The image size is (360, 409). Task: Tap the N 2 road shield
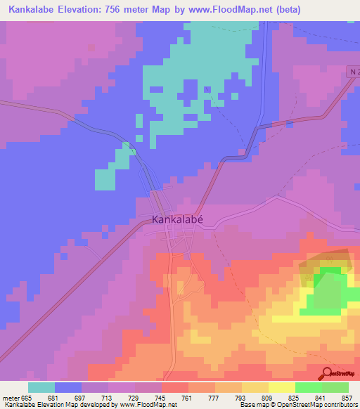point(354,72)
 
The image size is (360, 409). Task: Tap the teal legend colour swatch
point(41,387)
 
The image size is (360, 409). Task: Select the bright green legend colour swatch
point(309,387)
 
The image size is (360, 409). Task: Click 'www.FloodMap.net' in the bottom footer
point(148,405)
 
